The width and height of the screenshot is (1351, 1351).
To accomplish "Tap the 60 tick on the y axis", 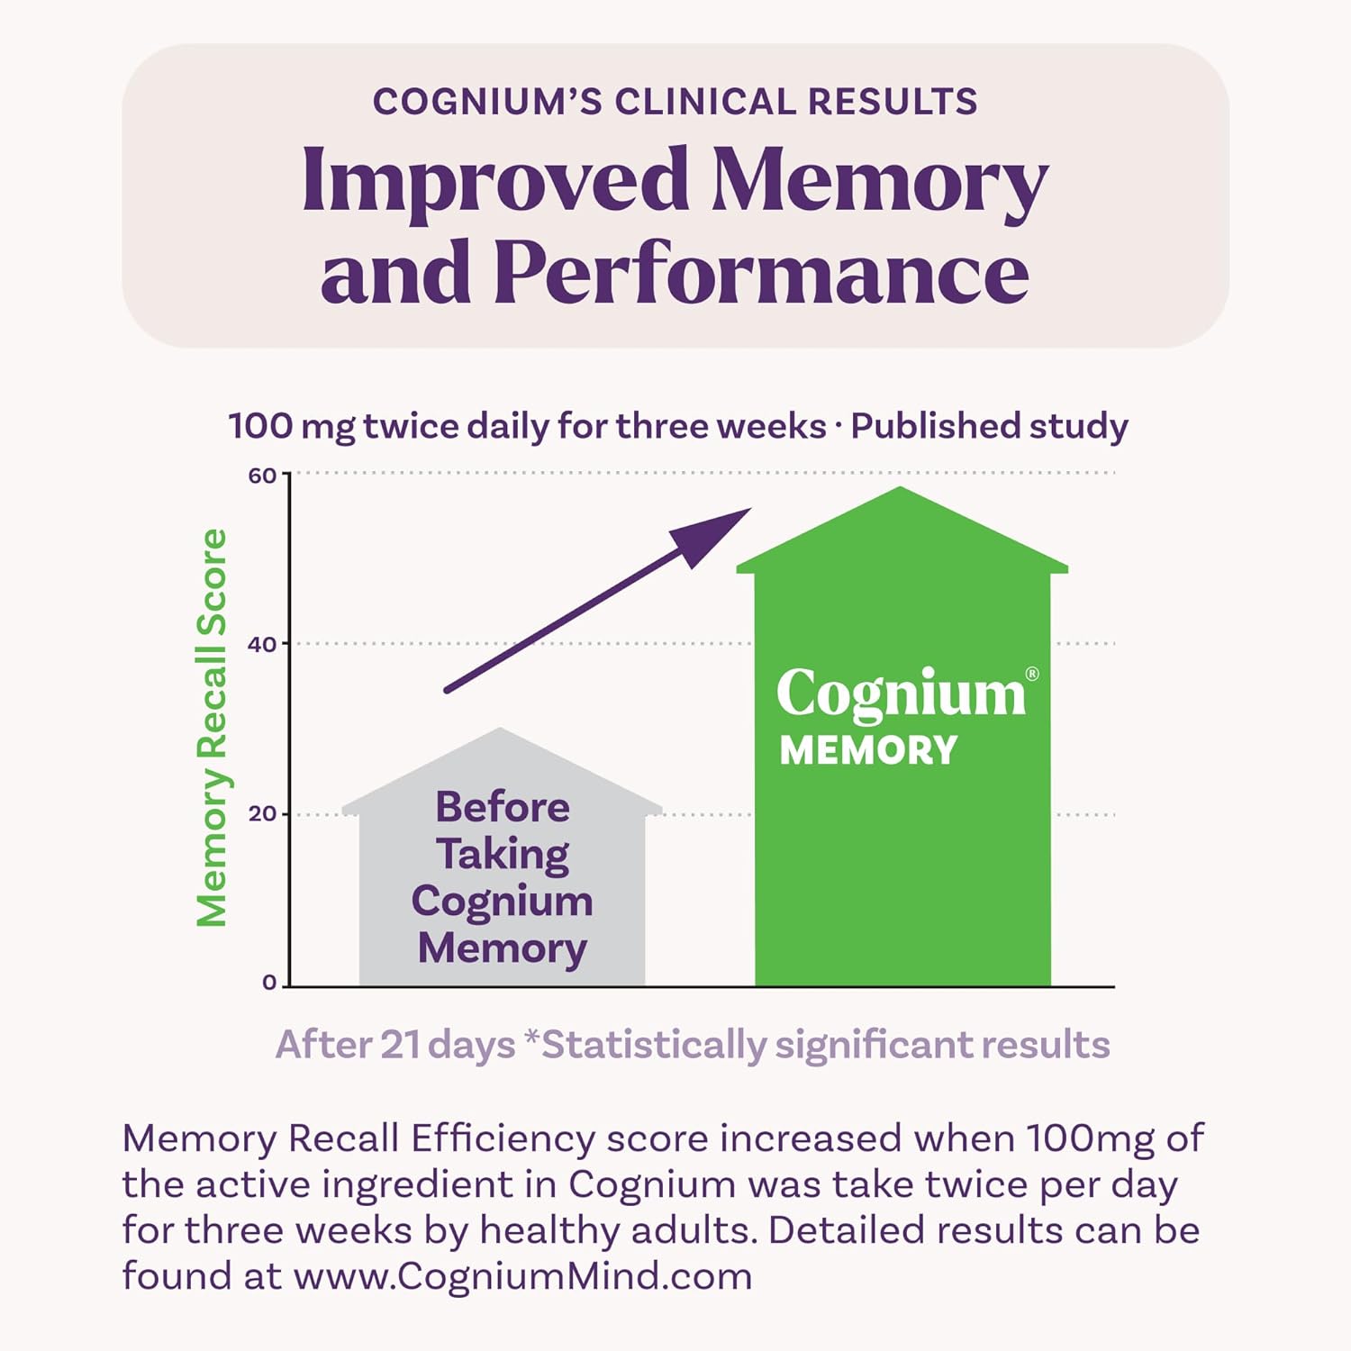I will click(x=263, y=476).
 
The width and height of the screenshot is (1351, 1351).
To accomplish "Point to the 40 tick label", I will click(x=263, y=644).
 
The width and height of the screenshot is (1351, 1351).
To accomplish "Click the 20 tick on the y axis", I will click(x=263, y=814).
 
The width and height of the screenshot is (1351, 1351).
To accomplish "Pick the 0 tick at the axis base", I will click(x=269, y=983).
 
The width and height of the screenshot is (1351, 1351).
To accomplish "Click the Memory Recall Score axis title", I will click(x=213, y=728).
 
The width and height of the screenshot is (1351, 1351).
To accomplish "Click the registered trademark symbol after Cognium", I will click(x=1032, y=674).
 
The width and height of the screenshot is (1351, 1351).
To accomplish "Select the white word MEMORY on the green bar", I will click(x=868, y=750).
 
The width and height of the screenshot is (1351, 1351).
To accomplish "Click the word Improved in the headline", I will click(x=494, y=180).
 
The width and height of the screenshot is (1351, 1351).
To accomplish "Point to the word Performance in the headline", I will click(x=761, y=272).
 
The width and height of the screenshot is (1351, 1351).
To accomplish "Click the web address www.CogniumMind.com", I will click(x=523, y=1276).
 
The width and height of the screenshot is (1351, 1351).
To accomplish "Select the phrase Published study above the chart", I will click(x=989, y=426).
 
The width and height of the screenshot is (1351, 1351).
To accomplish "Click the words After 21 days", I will click(x=395, y=1045).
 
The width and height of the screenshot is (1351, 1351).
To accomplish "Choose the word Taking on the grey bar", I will click(x=503, y=854).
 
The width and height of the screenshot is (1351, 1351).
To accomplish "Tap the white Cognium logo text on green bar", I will click(x=901, y=694).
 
